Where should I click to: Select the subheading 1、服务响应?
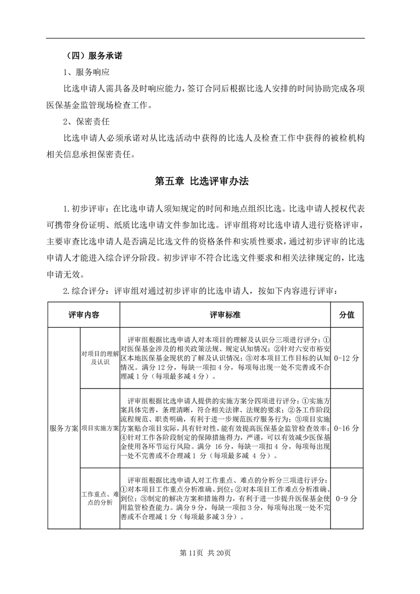pos(86,71)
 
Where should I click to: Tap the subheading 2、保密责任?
pos(86,122)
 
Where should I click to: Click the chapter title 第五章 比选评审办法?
pos(201,181)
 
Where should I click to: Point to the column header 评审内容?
pos(84,314)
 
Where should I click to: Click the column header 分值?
pos(347,314)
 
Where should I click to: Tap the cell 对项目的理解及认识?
pos(100,358)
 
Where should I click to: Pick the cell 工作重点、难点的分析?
pos(100,498)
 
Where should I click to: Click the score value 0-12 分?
pos(347,358)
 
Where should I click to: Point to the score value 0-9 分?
pos(347,498)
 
